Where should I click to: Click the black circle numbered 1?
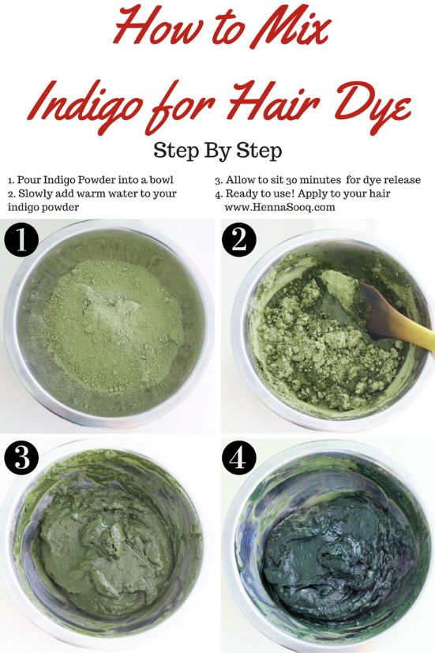tap(22, 240)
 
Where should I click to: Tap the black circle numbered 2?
tap(238, 240)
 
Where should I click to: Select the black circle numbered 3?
tap(22, 457)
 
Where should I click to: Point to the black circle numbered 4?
tap(238, 457)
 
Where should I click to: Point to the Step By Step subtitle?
tap(217, 150)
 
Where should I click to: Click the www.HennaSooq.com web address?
tap(280, 208)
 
